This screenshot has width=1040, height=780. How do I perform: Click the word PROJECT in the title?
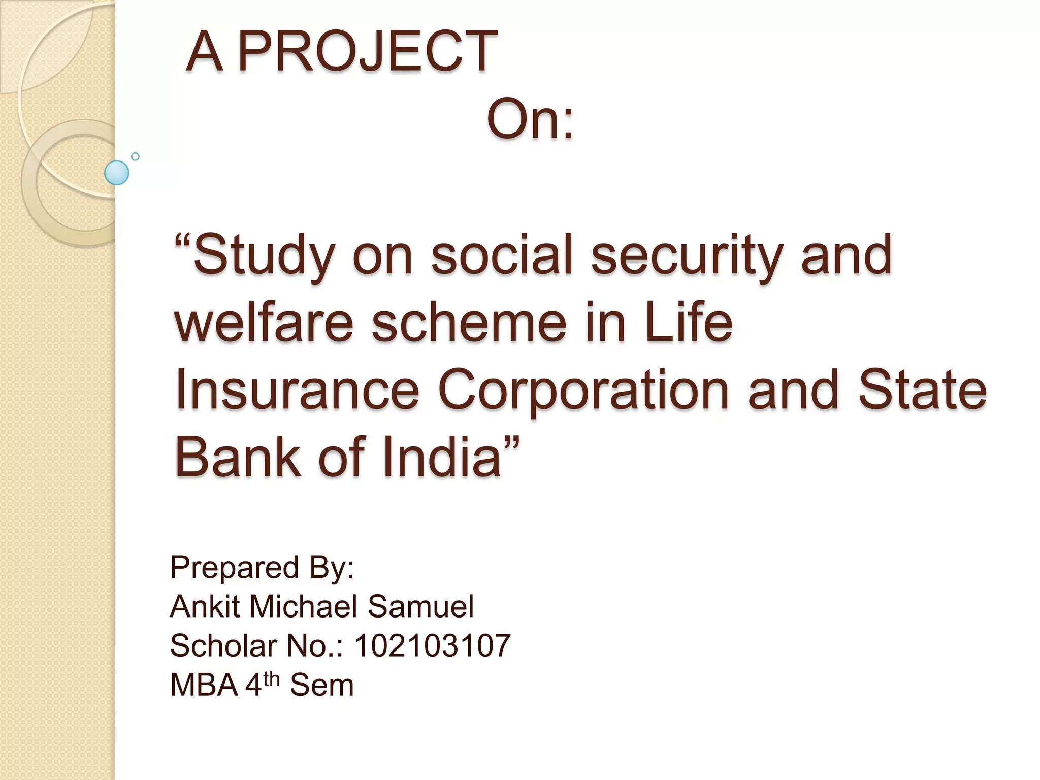pos(367,51)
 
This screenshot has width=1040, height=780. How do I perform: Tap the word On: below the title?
pos(530,120)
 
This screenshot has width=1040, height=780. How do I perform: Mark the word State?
pos(922,390)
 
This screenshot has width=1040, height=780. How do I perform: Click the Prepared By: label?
pos(262,567)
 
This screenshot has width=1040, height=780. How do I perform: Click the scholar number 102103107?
pos(432,645)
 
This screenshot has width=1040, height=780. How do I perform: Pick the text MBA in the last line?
pos(204,685)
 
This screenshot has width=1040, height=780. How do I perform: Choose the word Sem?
pos(321,685)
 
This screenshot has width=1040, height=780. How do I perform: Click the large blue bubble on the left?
pos(117,173)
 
